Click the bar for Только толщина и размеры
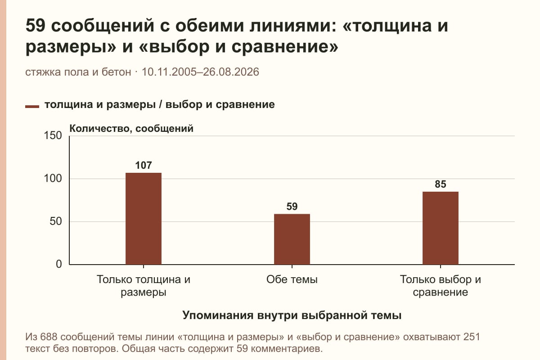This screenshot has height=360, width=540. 144,218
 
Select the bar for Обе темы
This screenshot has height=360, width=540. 292,239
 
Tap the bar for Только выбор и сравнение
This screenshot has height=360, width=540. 441,228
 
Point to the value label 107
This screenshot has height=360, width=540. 144,166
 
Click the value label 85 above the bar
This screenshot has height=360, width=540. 441,184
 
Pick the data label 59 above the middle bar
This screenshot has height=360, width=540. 292,207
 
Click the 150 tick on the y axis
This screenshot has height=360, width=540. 53,135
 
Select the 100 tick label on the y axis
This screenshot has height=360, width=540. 53,179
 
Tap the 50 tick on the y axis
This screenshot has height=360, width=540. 56,221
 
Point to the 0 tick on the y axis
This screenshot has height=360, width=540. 59,264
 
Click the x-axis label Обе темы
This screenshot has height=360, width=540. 292,280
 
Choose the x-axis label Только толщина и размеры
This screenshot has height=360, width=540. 144,286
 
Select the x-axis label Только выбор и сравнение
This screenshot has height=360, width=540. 441,286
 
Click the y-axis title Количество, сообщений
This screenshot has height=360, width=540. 131,129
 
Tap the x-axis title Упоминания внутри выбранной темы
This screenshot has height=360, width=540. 292,315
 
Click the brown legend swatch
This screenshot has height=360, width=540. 32,107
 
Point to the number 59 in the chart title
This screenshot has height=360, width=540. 35,26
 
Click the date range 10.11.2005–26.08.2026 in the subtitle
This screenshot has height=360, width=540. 200,72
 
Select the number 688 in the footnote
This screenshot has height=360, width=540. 49,337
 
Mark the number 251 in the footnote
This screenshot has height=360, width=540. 472,337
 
